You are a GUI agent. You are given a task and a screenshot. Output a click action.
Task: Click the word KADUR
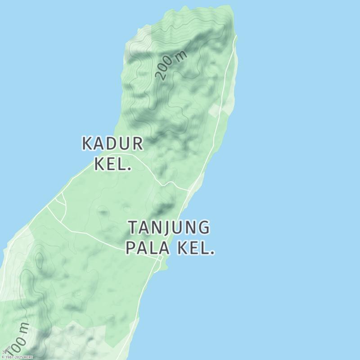112,144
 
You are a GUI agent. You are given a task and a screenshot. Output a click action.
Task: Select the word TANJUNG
169,228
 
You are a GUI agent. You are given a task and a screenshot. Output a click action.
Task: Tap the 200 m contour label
171,66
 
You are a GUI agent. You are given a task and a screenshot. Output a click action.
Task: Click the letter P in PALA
131,248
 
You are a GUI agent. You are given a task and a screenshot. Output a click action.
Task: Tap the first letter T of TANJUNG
134,228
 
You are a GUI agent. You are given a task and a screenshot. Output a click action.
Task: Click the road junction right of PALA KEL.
161,260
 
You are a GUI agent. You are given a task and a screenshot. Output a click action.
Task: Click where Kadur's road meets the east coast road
188,189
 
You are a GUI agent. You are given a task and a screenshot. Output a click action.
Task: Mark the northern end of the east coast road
236,36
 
